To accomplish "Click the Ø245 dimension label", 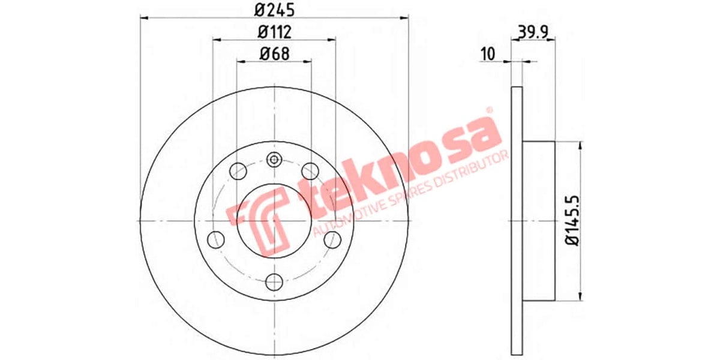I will pos(274,10).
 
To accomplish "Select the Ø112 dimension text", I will pos(274,31).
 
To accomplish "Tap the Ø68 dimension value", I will pos(274,53).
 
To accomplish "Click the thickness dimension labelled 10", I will pos(487,53).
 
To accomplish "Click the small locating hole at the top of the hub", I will pos(274,160).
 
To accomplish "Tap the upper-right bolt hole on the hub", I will pos(310,170).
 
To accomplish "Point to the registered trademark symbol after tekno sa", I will pos(488,111).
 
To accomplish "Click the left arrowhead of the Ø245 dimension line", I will pos(144,18).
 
